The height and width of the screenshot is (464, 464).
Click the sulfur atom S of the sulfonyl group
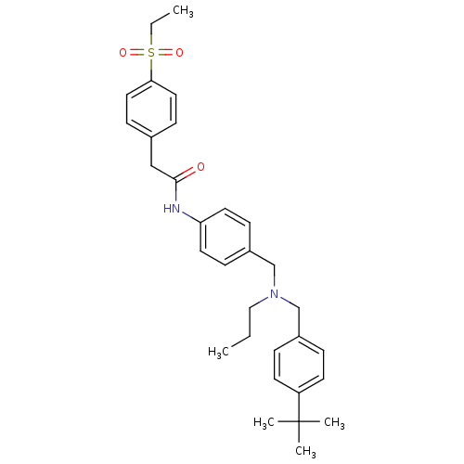[151, 53]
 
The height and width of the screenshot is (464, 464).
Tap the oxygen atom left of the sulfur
[122, 53]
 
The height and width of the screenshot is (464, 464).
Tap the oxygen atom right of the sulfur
[179, 53]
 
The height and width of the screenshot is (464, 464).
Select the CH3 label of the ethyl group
[183, 11]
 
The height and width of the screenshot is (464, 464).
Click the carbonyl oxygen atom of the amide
[200, 167]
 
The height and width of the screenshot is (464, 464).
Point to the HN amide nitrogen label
[172, 209]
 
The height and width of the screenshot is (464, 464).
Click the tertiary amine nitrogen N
[275, 294]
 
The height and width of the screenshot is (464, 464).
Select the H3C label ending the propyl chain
[218, 352]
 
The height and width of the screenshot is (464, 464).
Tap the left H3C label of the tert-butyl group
[264, 422]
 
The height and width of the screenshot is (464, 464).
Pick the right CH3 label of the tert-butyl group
[334, 422]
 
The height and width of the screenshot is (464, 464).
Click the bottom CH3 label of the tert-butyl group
[305, 451]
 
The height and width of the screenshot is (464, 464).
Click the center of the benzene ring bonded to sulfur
[151, 110]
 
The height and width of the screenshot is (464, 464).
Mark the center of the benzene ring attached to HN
[225, 237]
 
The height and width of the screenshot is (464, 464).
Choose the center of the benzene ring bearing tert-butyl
[299, 365]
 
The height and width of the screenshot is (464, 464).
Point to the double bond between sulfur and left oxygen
[137, 53]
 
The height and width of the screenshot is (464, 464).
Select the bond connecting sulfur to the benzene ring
[151, 70]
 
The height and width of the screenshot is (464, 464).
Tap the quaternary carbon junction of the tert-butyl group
[299, 421]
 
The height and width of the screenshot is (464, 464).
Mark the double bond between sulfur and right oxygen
[165, 53]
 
